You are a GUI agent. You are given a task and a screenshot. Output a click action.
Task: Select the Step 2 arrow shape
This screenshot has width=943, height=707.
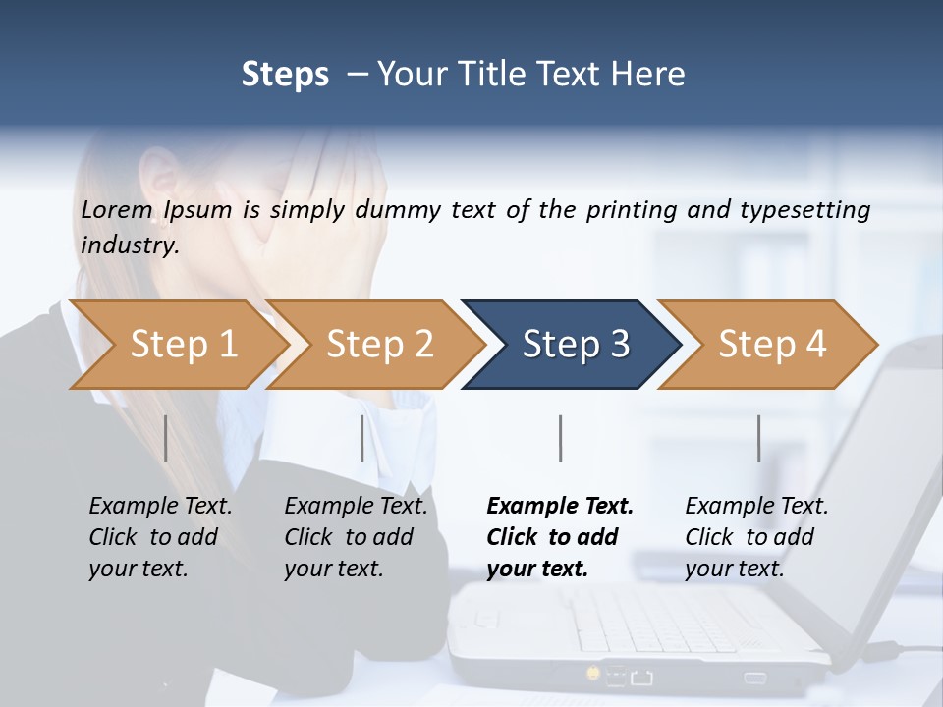(x=379, y=345)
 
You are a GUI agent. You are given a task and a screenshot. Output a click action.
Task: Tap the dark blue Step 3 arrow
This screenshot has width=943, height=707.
(x=576, y=345)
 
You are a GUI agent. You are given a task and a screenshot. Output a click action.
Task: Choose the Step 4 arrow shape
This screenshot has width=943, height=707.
(x=772, y=345)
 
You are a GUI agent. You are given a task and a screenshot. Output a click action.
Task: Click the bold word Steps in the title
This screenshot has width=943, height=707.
(x=285, y=75)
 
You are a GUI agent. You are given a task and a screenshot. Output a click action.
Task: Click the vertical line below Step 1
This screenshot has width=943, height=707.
(x=165, y=438)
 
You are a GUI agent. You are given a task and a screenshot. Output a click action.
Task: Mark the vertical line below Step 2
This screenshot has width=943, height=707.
(x=362, y=438)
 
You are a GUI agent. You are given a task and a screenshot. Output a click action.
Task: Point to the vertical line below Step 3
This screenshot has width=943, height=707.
(x=560, y=438)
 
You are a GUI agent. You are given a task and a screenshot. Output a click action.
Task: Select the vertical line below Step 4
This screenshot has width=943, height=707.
(x=758, y=438)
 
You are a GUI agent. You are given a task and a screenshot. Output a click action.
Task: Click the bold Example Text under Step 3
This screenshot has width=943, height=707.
(x=560, y=507)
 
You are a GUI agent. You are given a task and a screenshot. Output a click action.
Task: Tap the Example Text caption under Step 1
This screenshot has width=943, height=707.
(x=160, y=507)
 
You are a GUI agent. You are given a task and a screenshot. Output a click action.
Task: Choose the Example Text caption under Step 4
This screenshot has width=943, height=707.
(x=756, y=507)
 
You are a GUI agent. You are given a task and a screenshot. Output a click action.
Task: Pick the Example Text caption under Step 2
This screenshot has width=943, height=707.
(x=356, y=507)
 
